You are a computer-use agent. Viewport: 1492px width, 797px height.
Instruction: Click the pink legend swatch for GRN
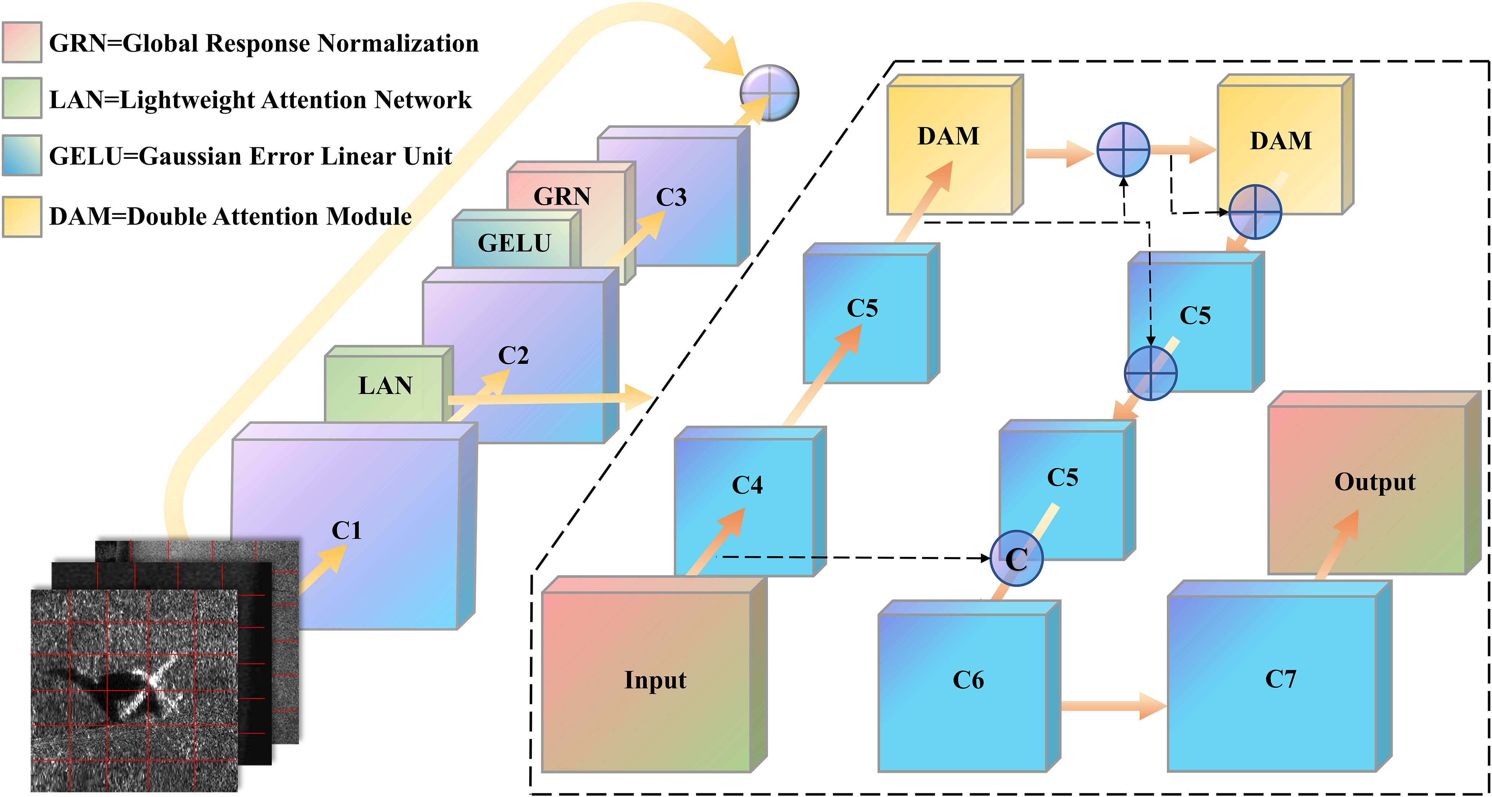coord(22,42)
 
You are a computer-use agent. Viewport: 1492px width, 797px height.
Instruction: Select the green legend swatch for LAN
coord(22,99)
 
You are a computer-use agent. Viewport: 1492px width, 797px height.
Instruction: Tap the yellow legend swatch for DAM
coord(22,217)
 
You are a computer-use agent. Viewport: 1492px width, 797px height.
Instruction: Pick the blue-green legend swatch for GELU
coord(22,155)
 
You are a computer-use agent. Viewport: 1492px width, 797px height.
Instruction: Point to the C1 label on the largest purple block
coord(346,530)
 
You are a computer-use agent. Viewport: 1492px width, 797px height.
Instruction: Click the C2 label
coord(513,355)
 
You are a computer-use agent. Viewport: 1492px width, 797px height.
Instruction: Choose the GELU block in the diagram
coord(514,243)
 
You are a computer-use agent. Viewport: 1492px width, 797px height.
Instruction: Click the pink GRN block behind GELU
coord(562,196)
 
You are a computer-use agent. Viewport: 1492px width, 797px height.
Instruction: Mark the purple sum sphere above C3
coord(769,93)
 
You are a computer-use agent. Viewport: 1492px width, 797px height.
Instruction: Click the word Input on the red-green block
coord(655,679)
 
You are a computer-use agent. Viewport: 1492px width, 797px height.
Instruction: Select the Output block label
coord(1374,482)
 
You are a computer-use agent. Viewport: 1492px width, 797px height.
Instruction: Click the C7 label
coord(1281,679)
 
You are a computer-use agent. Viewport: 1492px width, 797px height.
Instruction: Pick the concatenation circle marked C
coord(1016,558)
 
